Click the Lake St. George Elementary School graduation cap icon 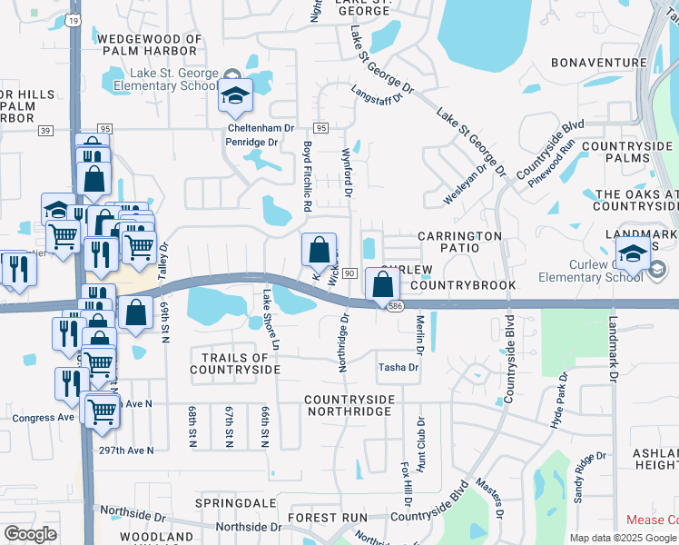[235, 96]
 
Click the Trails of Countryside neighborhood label [235, 363]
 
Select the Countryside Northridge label [349, 405]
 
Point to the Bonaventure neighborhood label [600, 64]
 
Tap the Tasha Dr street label [399, 368]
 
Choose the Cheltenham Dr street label [257, 128]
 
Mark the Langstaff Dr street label [376, 94]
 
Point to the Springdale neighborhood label [230, 502]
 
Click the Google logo [30, 534]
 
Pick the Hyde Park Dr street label [557, 401]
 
